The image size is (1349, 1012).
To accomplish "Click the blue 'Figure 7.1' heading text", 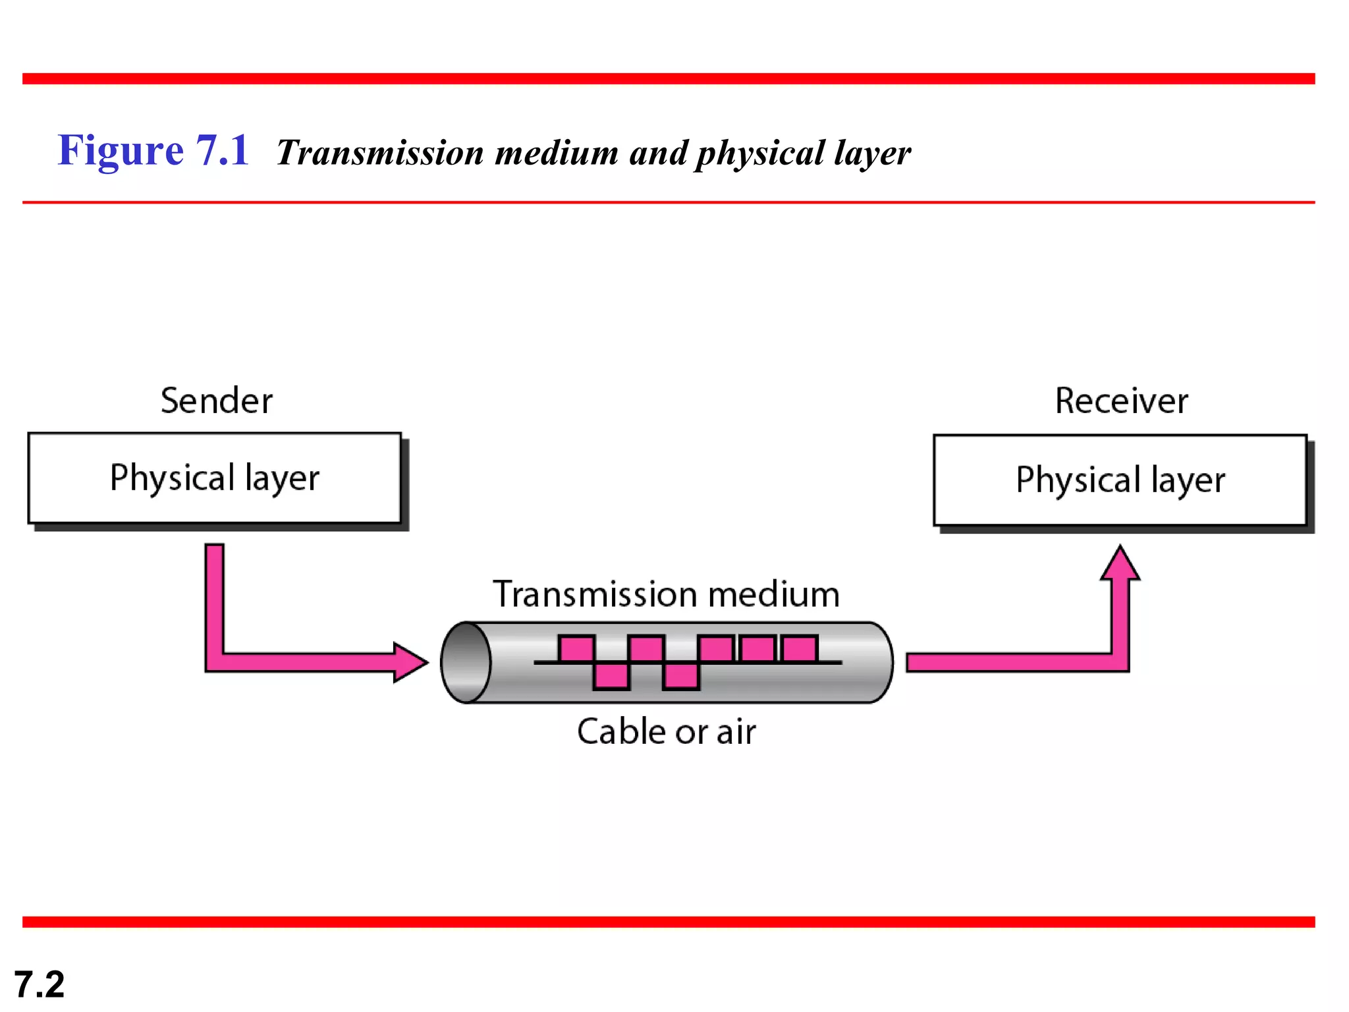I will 153,150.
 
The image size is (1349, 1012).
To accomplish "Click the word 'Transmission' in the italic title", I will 380,153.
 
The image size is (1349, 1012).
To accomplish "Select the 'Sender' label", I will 216,401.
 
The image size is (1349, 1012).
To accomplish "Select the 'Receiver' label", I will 1121,401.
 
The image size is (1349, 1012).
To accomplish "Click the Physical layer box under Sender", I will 215,478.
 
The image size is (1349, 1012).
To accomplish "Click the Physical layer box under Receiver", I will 1120,480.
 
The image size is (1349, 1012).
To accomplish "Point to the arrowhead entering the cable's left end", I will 410,662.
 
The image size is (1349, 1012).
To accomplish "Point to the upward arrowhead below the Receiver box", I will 1120,564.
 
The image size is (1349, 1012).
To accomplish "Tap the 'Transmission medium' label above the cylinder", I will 666,594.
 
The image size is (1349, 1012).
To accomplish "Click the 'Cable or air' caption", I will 666,731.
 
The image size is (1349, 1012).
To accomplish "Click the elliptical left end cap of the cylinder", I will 466,662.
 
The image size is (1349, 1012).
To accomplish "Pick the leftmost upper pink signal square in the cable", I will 576,649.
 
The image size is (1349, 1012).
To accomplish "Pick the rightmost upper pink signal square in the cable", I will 800,649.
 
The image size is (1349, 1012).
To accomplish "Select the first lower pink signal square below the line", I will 611,676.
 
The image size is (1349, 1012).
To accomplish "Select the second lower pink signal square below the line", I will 681,676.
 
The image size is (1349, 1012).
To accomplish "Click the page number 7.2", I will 40,984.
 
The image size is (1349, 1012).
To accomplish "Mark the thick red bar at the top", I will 669,79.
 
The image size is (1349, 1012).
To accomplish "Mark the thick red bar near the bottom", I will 669,922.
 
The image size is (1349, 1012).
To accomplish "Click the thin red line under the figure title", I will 669,202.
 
